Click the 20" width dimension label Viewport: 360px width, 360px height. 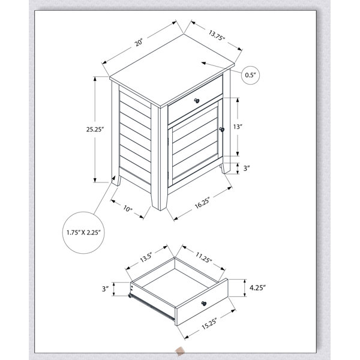point(139,43)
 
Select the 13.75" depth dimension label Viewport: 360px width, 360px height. point(217,35)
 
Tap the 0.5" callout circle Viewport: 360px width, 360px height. point(250,75)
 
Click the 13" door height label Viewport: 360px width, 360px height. point(238,127)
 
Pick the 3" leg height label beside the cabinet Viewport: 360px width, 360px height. point(247,168)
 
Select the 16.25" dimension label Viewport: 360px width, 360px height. point(202,203)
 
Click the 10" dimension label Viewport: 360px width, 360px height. point(128,209)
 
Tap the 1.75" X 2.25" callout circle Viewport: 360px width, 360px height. point(83,233)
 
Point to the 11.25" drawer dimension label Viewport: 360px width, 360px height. point(203,257)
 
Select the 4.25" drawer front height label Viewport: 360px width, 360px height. point(257,287)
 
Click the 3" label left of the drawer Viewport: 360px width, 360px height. point(105,289)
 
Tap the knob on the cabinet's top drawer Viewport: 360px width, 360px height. point(197,101)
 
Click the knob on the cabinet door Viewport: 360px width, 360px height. point(221,130)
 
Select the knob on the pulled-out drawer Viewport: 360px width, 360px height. point(203,304)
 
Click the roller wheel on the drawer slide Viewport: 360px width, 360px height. point(130,296)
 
